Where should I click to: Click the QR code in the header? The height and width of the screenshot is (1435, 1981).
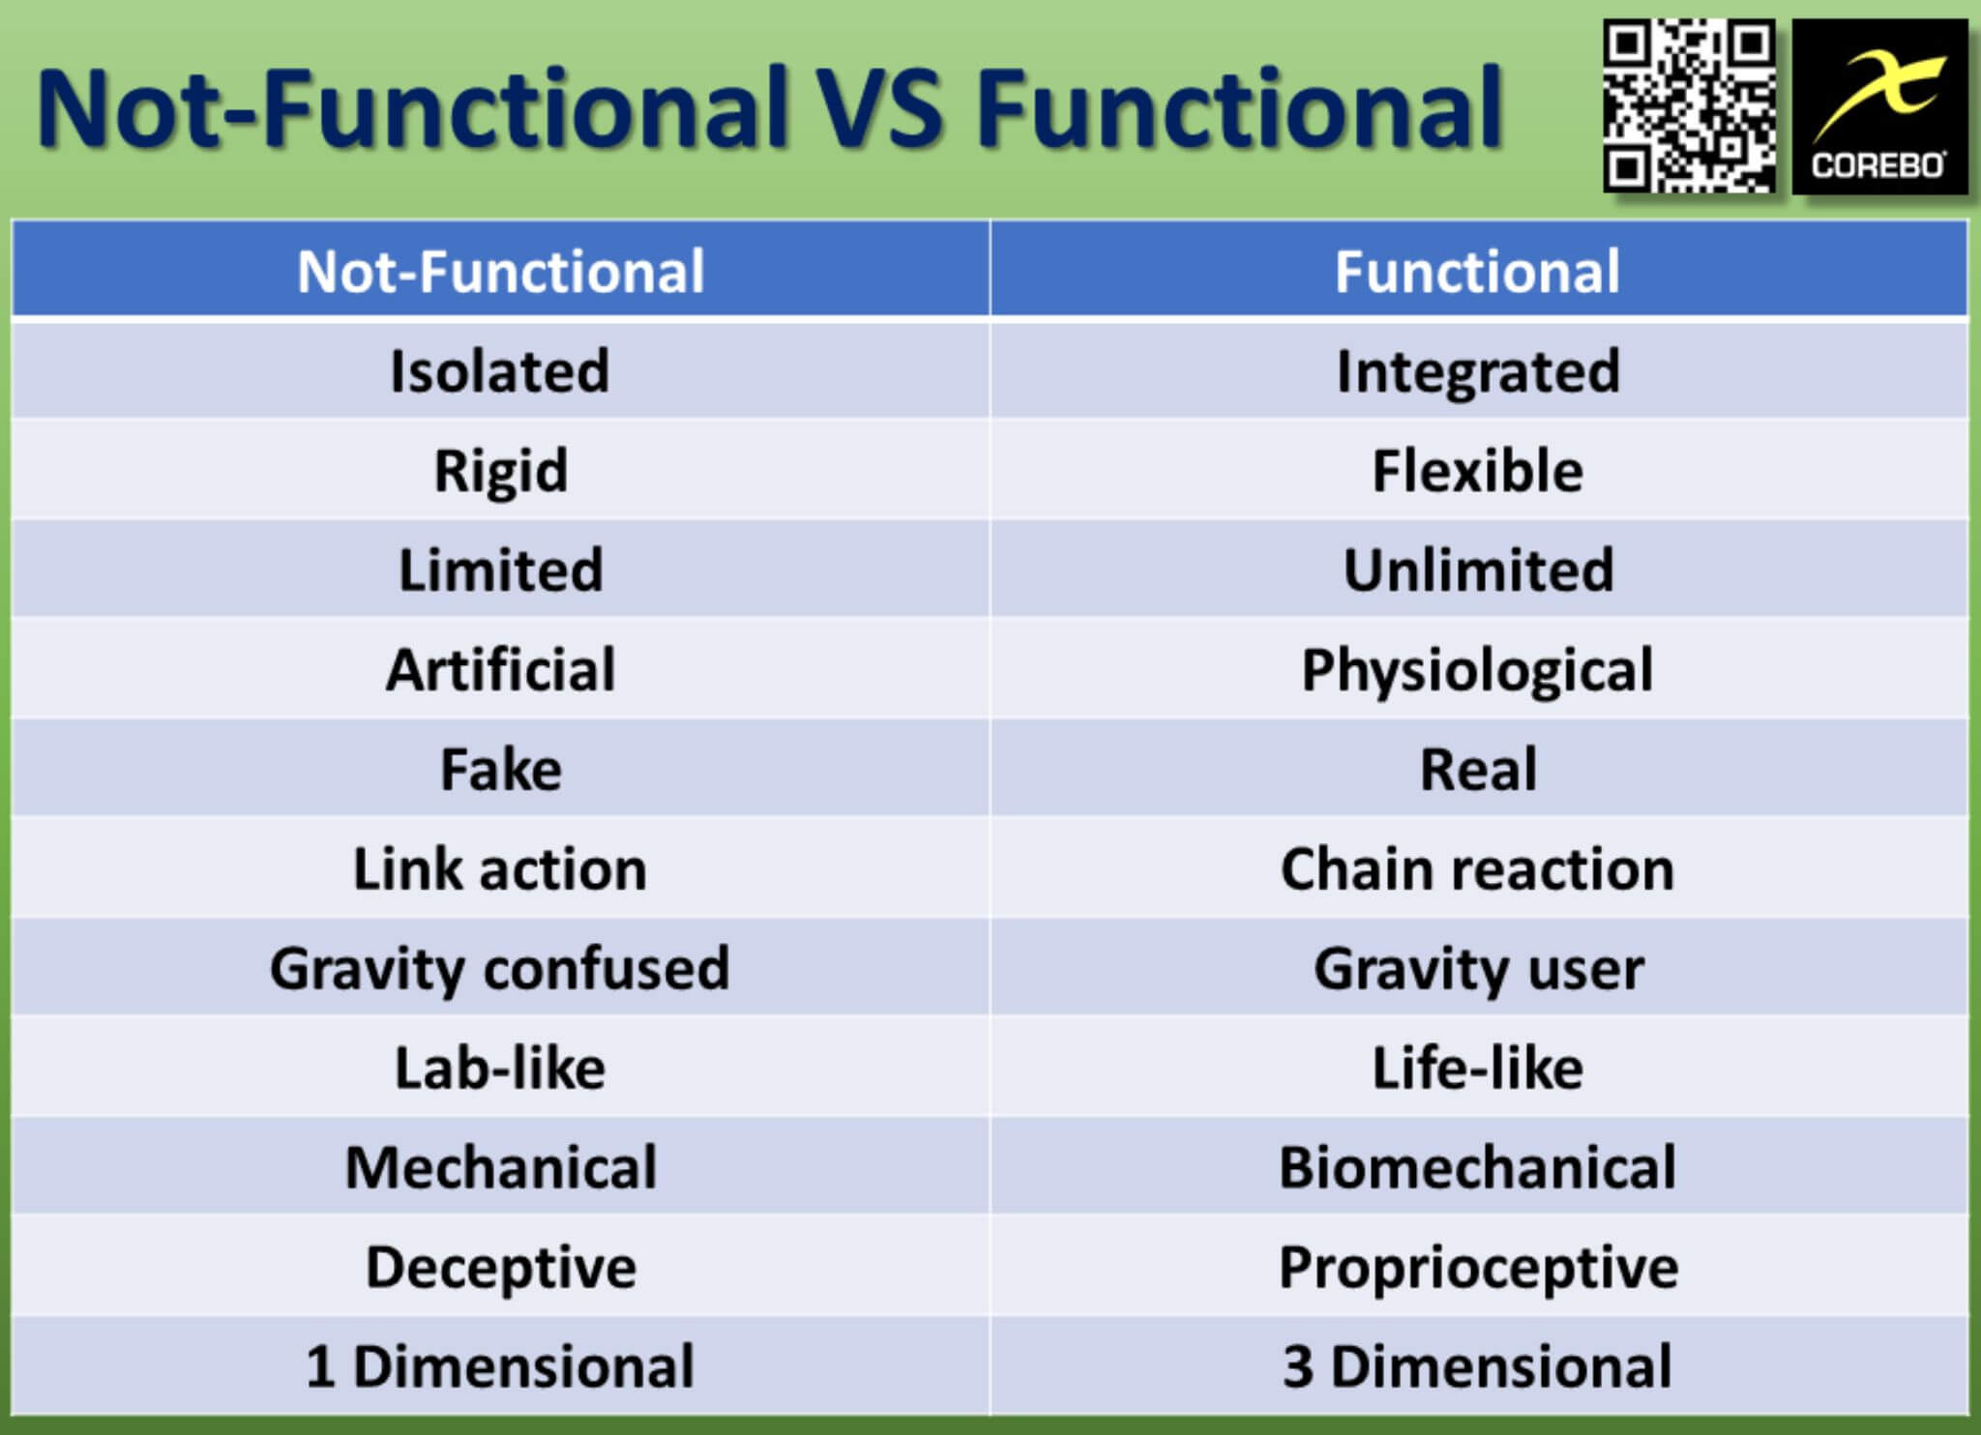point(1688,106)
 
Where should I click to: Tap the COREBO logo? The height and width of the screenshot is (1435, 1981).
point(1879,106)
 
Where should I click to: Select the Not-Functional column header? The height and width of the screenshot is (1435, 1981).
point(501,270)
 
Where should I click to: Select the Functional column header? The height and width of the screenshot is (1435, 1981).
point(1479,270)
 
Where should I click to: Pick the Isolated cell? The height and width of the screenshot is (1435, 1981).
point(501,370)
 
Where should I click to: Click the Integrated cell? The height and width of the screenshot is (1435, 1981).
point(1479,370)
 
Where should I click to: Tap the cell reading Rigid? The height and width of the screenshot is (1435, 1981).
point(501,470)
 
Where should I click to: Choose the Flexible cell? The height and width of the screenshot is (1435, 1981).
point(1479,470)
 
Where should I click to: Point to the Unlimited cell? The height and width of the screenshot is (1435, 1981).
point(1479,570)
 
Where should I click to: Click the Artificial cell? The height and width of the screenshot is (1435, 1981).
point(501,669)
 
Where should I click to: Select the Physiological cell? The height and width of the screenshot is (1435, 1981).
point(1479,669)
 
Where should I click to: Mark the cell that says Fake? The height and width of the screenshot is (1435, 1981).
point(501,769)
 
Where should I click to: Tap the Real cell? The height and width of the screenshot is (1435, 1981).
point(1479,769)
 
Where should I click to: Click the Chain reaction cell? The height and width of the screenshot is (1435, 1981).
point(1479,868)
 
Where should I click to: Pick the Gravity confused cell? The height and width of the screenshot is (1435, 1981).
point(501,968)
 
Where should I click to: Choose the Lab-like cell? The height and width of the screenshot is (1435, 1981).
point(501,1068)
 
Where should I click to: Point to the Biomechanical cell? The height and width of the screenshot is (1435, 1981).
point(1479,1167)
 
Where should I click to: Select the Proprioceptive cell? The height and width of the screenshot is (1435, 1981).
point(1479,1267)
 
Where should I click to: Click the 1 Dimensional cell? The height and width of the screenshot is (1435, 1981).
point(501,1366)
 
